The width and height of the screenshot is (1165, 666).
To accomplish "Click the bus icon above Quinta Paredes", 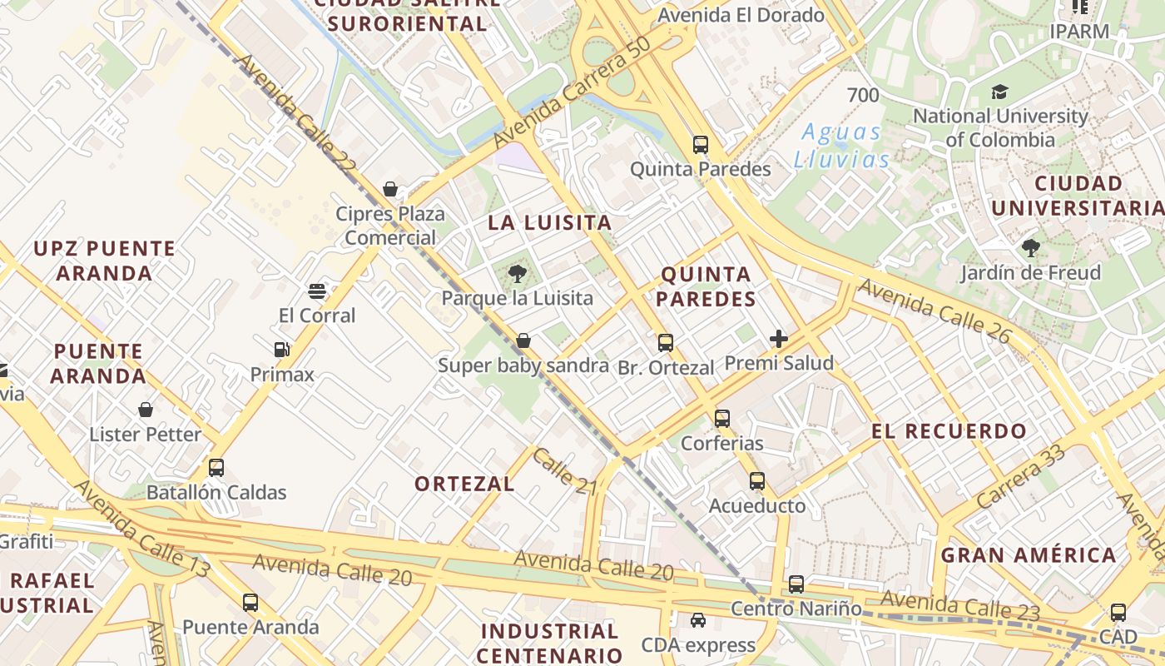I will (701, 145).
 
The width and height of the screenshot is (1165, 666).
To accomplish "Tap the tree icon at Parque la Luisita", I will (518, 273).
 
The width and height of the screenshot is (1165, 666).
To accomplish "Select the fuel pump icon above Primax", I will (282, 350).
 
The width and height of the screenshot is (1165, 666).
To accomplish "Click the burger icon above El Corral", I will (316, 291).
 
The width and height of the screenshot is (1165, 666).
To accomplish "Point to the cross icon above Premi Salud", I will (779, 339).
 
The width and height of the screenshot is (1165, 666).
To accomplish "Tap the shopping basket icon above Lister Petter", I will (146, 410).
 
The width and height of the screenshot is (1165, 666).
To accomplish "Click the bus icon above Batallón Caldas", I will (216, 468).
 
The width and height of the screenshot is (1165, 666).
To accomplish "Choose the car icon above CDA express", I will (698, 620).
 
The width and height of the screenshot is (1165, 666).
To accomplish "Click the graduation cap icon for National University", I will (999, 92).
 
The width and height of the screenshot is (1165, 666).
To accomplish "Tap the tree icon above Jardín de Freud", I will (1030, 248).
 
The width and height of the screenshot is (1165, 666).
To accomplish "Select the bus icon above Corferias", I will (722, 419).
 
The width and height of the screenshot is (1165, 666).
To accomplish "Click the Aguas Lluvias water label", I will (841, 146).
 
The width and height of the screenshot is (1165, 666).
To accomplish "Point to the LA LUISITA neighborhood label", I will (549, 223).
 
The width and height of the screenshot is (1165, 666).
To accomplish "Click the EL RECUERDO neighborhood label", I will (949, 431).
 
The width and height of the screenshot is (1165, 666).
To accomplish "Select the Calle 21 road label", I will (566, 472).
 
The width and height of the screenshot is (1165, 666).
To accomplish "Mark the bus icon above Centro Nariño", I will (796, 584).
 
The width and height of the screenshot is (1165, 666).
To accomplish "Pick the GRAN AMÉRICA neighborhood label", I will (1029, 555).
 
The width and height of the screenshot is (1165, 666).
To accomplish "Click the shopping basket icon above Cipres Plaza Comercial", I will (389, 190).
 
